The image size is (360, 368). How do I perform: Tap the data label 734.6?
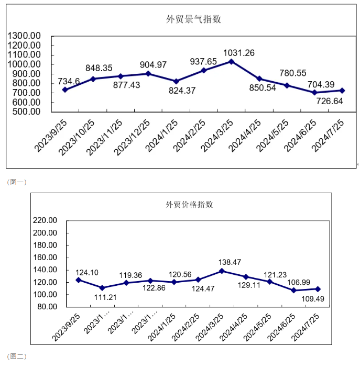click(x=69, y=81)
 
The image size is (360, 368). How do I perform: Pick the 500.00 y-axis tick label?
click(x=27, y=111)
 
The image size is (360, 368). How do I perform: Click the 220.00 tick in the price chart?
click(x=45, y=220)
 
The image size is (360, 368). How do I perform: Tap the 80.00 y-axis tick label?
click(x=47, y=307)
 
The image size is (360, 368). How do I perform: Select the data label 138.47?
click(x=231, y=261)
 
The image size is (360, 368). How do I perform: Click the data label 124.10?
click(x=87, y=272)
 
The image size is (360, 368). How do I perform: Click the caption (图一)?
click(x=17, y=182)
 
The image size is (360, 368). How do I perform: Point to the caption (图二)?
click(x=17, y=356)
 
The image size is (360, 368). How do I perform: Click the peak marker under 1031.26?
click(x=232, y=61)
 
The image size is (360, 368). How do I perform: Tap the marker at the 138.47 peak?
click(x=222, y=271)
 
